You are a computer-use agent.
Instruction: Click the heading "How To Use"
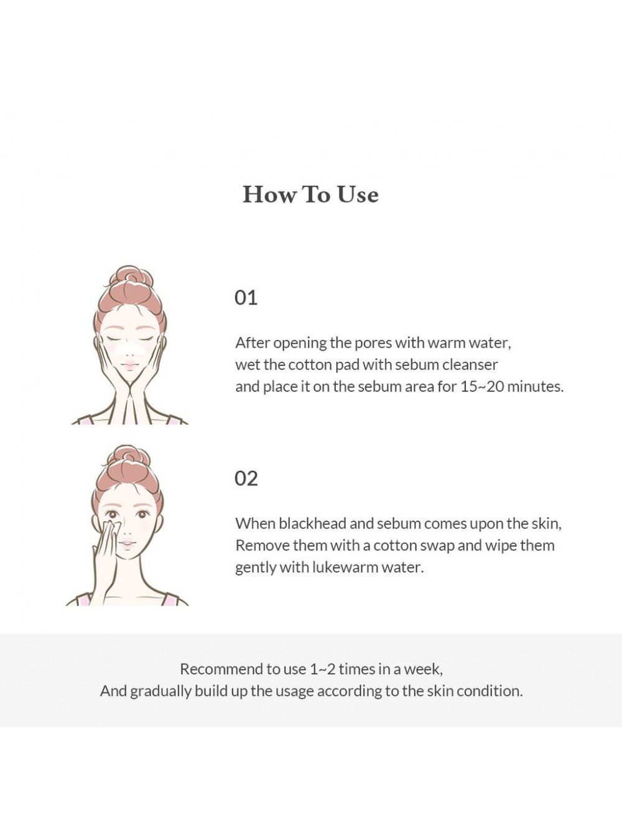310,195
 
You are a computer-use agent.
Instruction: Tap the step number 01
246,298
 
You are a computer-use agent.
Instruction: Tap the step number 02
246,478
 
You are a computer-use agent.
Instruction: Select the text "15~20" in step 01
482,387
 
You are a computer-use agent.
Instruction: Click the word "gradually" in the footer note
161,692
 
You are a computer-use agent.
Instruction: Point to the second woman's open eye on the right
142,515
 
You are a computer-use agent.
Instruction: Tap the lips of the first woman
129,366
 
